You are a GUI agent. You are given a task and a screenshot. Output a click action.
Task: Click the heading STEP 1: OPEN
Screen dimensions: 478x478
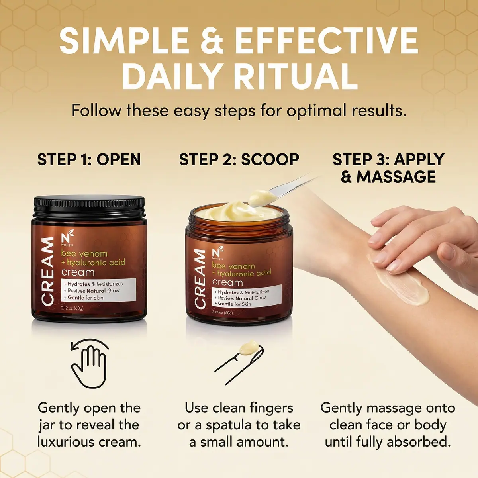tap(89, 160)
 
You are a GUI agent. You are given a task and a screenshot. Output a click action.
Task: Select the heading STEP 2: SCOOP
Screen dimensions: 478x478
tap(239, 160)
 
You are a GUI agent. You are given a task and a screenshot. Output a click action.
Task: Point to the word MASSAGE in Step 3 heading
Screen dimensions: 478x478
tap(396, 177)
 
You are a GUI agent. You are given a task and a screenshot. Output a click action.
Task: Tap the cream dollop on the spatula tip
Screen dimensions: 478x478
tap(260, 197)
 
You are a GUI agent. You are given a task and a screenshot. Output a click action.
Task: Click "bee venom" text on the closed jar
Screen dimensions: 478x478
tap(84, 253)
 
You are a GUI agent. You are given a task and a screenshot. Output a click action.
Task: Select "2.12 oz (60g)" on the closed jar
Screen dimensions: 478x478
tap(72, 308)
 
